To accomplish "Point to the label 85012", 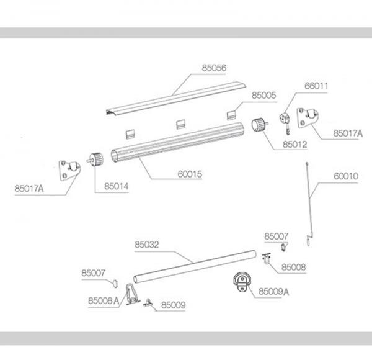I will (x=294, y=145).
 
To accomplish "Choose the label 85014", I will (x=117, y=186).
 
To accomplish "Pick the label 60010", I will (x=346, y=176).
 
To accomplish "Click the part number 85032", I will (x=147, y=245).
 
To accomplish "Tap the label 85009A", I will (x=274, y=290).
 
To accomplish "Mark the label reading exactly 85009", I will (x=174, y=305).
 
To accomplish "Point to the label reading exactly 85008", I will (x=293, y=267).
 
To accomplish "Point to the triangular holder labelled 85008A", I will (x=131, y=294).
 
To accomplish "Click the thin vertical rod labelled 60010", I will (x=309, y=199).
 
